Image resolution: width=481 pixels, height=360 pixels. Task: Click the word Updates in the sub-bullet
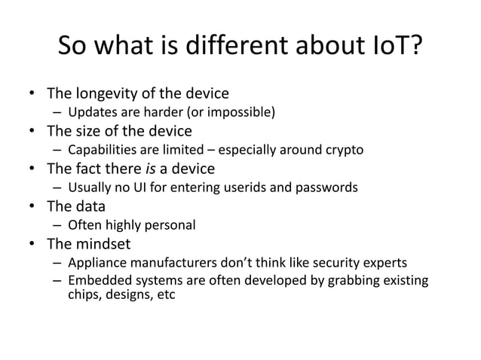point(90,114)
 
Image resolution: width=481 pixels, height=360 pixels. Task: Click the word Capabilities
point(102,150)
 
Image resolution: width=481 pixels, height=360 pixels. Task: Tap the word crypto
point(345,150)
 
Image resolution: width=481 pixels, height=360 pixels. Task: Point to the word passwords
point(329,187)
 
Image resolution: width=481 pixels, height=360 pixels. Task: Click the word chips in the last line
point(84,294)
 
